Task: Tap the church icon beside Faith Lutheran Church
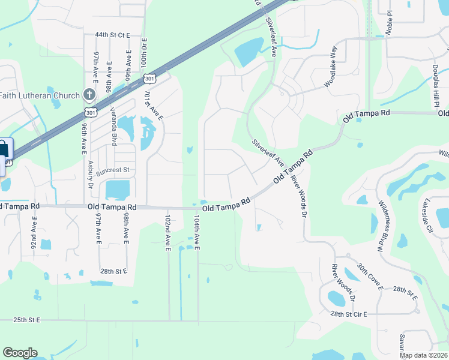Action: [89, 95]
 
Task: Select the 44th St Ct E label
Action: [108, 36]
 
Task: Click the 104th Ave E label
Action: [196, 233]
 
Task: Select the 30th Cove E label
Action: [370, 276]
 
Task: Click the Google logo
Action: [20, 353]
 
